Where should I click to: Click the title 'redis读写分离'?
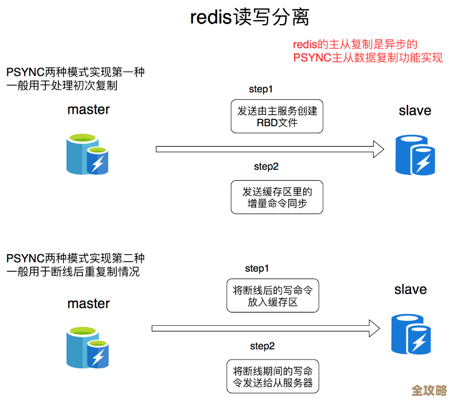pyautogui.click(x=250, y=17)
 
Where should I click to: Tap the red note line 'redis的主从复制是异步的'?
pyautogui.click(x=355, y=45)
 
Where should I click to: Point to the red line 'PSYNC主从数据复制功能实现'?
pyautogui.click(x=367, y=58)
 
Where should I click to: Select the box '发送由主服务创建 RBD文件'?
pyautogui.click(x=277, y=116)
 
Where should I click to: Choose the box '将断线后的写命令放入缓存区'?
pyautogui.click(x=272, y=296)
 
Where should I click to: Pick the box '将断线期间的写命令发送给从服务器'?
pyautogui.click(x=272, y=377)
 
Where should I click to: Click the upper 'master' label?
pyautogui.click(x=88, y=110)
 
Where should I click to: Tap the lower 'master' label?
pyautogui.click(x=88, y=303)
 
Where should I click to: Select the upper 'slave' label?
pyautogui.click(x=414, y=111)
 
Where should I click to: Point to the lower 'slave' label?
pyautogui.click(x=410, y=289)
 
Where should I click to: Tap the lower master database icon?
pyautogui.click(x=88, y=347)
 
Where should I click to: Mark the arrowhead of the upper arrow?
pyautogui.click(x=378, y=149)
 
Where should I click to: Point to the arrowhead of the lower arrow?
pyautogui.click(x=374, y=329)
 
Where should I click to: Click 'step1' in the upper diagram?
pyautogui.click(x=260, y=89)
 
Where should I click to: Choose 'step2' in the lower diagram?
pyautogui.click(x=262, y=346)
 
